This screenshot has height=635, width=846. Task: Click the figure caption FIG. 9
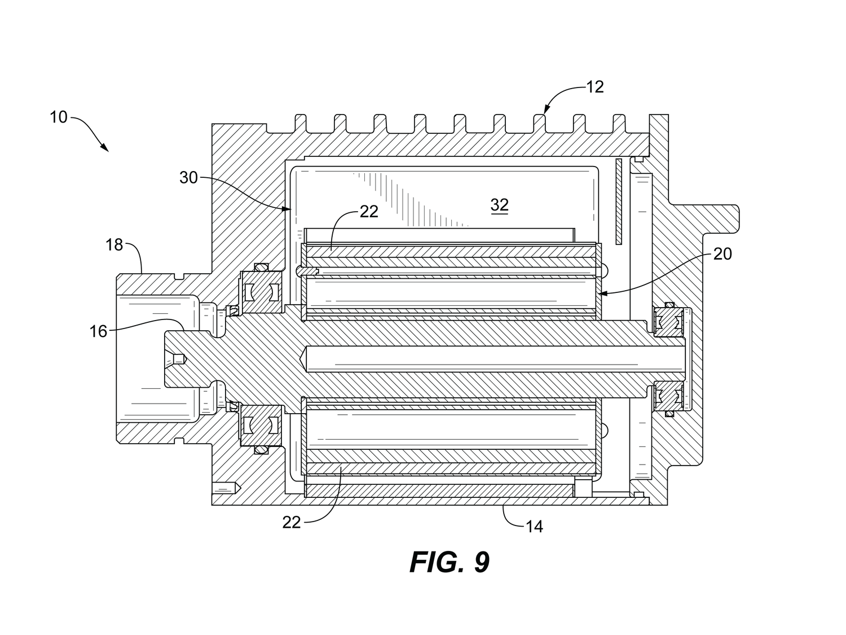pyautogui.click(x=449, y=562)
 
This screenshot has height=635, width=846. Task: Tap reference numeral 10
pyautogui.click(x=59, y=117)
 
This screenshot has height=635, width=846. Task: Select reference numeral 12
pyautogui.click(x=594, y=87)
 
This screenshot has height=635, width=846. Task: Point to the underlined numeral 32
pyautogui.click(x=500, y=205)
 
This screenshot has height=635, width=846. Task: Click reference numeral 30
pyautogui.click(x=188, y=178)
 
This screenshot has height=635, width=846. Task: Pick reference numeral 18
pyautogui.click(x=114, y=245)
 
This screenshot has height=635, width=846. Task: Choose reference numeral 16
pyautogui.click(x=98, y=331)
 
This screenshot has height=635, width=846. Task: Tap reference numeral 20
pyautogui.click(x=722, y=254)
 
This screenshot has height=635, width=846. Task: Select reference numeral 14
pyautogui.click(x=535, y=527)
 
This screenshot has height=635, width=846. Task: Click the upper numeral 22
pyautogui.click(x=369, y=212)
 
